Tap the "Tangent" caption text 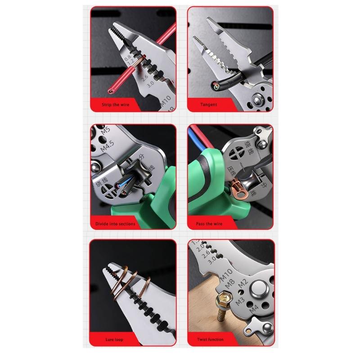pyautogui.click(x=209, y=104)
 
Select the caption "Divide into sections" pyautogui.click(x=115, y=224)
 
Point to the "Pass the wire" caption pyautogui.click(x=209, y=224)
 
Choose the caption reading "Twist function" pyautogui.click(x=210, y=339)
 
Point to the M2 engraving pyautogui.click(x=243, y=284)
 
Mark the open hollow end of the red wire pyautogui.click(x=111, y=91)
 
